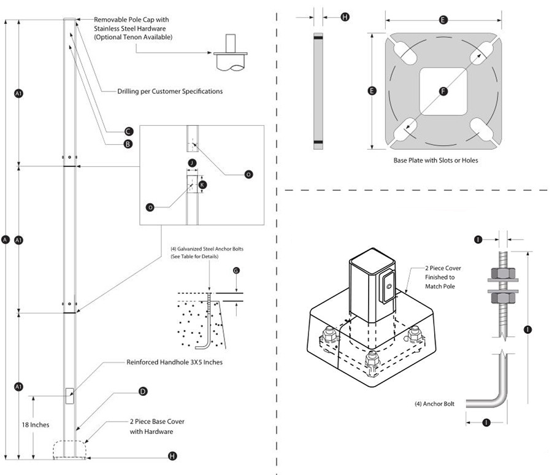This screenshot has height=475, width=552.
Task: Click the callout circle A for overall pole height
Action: (6, 240)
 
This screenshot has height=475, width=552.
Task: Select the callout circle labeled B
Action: (128, 144)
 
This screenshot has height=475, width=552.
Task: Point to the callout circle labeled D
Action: (142, 391)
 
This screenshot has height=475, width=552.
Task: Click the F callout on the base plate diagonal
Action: (443, 91)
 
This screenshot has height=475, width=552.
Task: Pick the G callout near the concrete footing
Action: (236, 270)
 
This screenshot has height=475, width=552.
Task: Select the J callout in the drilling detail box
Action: (193, 163)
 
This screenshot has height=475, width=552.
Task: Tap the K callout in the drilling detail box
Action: (203, 184)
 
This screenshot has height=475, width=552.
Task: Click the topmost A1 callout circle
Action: (18, 93)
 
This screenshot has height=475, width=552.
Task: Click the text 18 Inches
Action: (36, 424)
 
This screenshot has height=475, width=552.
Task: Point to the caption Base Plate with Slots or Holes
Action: (435, 160)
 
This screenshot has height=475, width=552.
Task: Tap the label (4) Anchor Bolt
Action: (433, 404)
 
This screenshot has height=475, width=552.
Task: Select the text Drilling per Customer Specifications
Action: (170, 91)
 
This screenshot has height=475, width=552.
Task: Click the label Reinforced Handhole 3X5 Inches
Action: (174, 362)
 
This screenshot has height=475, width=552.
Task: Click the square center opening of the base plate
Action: (443, 91)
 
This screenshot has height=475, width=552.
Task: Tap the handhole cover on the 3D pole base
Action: (388, 285)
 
